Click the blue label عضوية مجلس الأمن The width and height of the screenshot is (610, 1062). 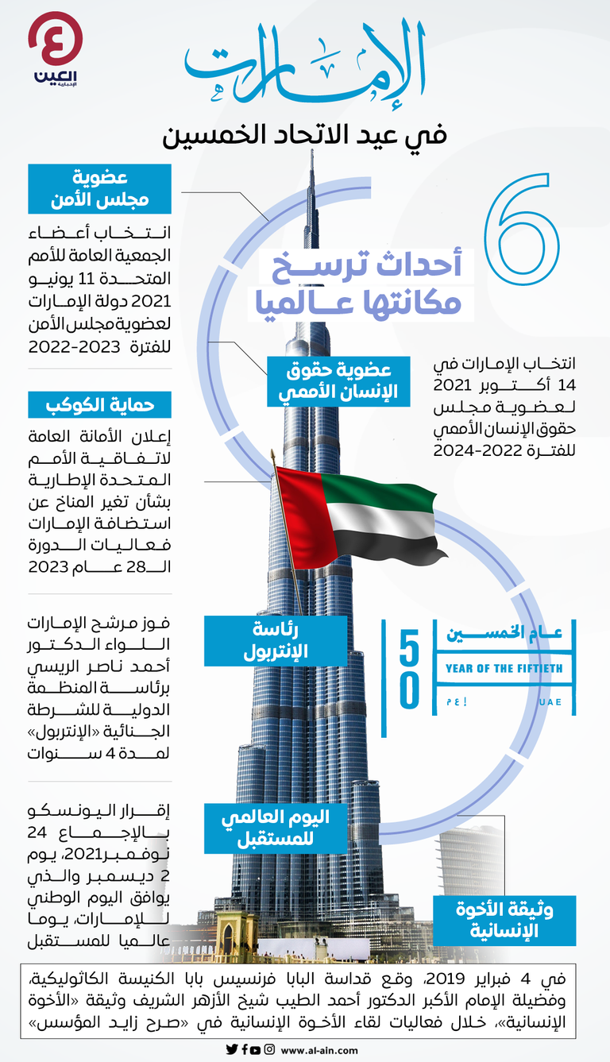(x=99, y=188)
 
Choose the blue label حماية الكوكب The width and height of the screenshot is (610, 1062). (x=99, y=404)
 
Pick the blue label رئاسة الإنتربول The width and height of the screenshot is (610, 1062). (x=276, y=640)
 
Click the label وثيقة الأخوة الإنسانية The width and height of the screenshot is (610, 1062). (x=504, y=920)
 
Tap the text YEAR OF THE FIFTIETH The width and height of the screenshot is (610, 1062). (x=504, y=668)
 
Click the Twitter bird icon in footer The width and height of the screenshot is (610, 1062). (x=231, y=1048)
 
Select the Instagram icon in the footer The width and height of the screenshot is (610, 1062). (x=270, y=1048)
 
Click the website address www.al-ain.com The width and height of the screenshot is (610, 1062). (x=319, y=1049)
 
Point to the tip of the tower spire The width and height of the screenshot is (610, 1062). (x=312, y=151)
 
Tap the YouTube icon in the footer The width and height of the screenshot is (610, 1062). (x=256, y=1048)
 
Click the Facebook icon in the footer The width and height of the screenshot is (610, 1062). (x=244, y=1048)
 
